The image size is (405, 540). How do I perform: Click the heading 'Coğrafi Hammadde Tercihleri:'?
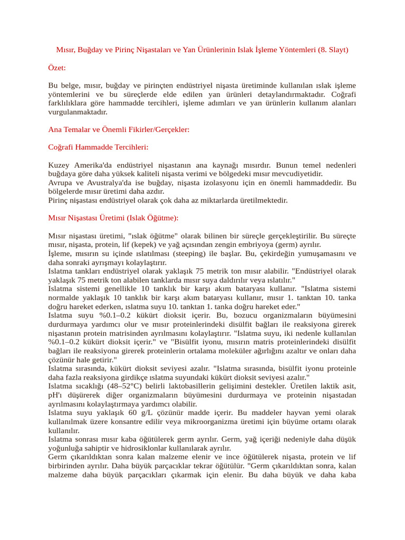coord(98,147)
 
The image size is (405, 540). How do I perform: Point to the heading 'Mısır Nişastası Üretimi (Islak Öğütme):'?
coord(113,218)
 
